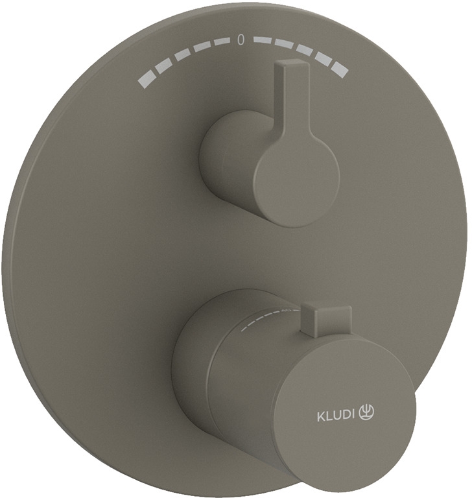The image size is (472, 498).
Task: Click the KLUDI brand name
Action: coord(335,416)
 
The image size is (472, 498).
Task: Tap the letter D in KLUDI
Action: coord(344,415)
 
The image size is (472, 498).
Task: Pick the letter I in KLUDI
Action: coord(352,414)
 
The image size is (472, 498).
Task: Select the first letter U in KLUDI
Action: coord(336,416)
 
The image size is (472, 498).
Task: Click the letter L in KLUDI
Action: coord(329,416)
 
